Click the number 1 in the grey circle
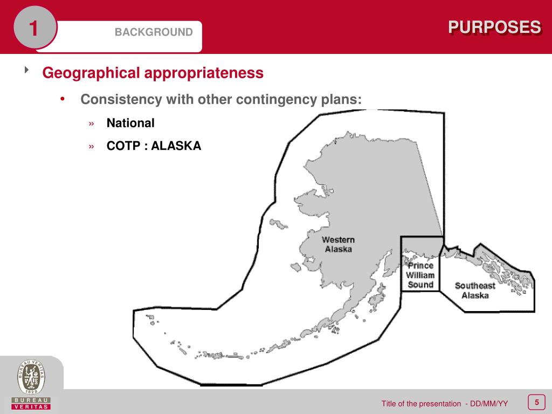pyautogui.click(x=33, y=29)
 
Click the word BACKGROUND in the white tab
pyautogui.click(x=153, y=32)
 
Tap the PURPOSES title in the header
pyautogui.click(x=494, y=27)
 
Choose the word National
pyautogui.click(x=130, y=123)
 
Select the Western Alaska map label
pyautogui.click(x=339, y=244)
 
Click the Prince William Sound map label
pyautogui.click(x=420, y=275)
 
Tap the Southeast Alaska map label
pyautogui.click(x=475, y=291)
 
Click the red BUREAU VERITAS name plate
pyautogui.click(x=31, y=403)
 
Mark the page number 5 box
pyautogui.click(x=536, y=402)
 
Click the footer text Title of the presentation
pyautogui.click(x=421, y=404)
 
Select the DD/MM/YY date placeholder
pyautogui.click(x=489, y=404)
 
